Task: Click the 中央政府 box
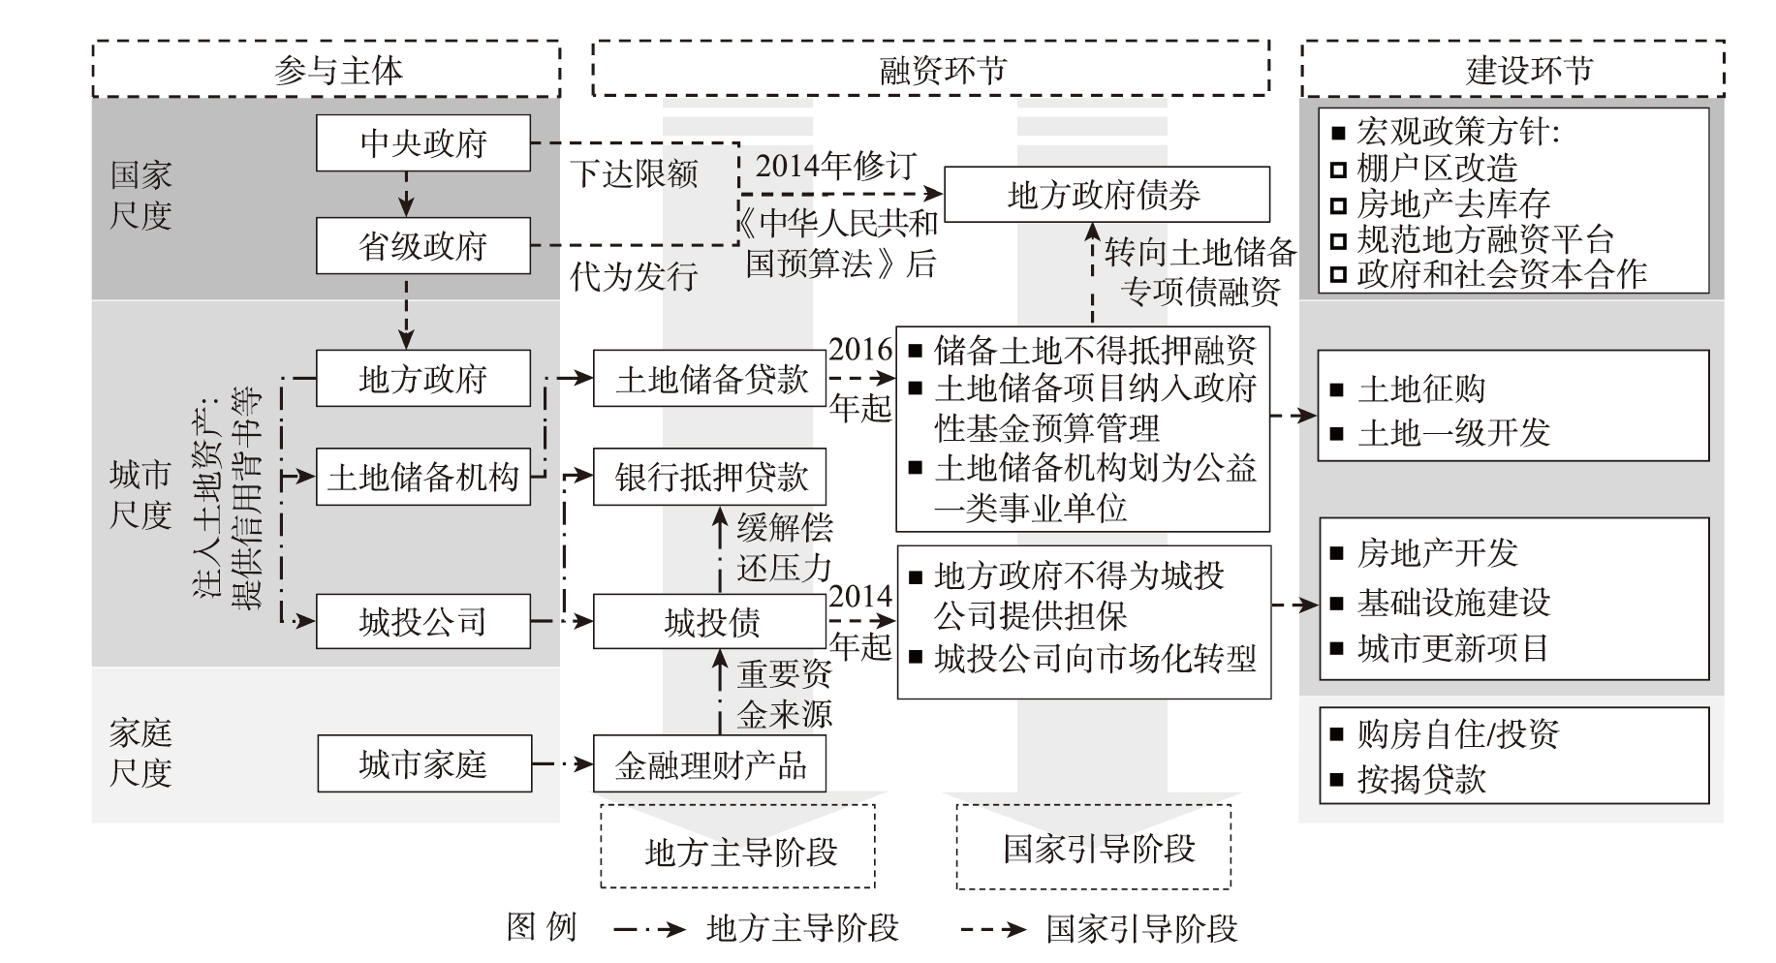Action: pyautogui.click(x=422, y=143)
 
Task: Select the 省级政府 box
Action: pyautogui.click(x=422, y=246)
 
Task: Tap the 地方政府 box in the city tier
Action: pyautogui.click(x=422, y=379)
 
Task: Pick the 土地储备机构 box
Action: pyautogui.click(x=422, y=477)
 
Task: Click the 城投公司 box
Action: pyautogui.click(x=422, y=621)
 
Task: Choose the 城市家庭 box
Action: pyautogui.click(x=422, y=764)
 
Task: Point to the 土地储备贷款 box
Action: pyautogui.click(x=710, y=379)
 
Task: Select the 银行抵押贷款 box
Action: pyautogui.click(x=710, y=477)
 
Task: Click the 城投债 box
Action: pyautogui.click(x=710, y=621)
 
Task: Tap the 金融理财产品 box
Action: pyautogui.click(x=710, y=764)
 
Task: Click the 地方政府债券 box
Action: pyautogui.click(x=1106, y=195)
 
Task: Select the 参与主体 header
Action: pyautogui.click(x=327, y=70)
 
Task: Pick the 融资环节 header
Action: pyautogui.click(x=930, y=70)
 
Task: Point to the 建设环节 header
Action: pyautogui.click(x=1511, y=70)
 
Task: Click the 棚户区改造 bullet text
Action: pyautogui.click(x=1436, y=169)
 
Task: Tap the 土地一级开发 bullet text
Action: pyautogui.click(x=1453, y=432)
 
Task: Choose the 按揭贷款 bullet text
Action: pyautogui.click(x=1421, y=779)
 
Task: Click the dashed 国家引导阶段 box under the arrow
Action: pyautogui.click(x=1093, y=847)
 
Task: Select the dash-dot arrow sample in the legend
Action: pyautogui.click(x=649, y=929)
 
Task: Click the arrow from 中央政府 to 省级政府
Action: pyautogui.click(x=407, y=195)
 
